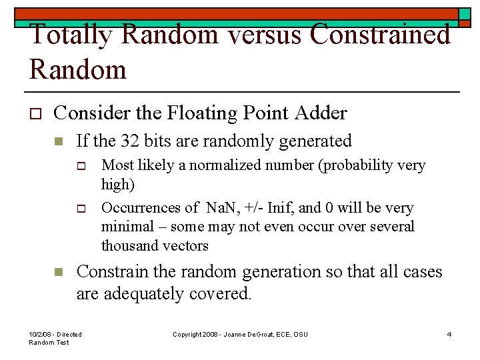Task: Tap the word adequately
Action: click(x=147, y=294)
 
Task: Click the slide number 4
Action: click(x=449, y=334)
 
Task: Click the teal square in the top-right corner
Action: click(x=465, y=14)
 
